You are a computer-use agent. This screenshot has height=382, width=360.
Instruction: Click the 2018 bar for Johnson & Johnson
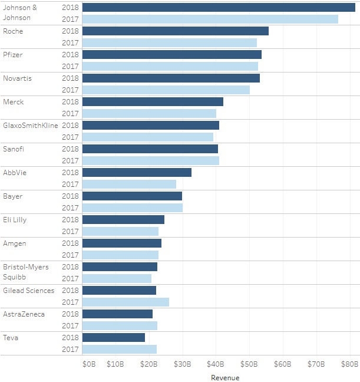coord(219,7)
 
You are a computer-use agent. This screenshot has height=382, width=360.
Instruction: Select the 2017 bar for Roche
coord(170,42)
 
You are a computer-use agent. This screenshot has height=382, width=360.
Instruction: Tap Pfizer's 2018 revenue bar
coord(172,54)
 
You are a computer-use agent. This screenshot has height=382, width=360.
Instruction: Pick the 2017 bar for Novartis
coord(166,90)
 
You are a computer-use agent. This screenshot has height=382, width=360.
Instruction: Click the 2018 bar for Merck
coord(153,101)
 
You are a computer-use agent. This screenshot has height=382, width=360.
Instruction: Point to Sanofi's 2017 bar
coord(151,160)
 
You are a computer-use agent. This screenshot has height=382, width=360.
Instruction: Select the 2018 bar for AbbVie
coord(137,172)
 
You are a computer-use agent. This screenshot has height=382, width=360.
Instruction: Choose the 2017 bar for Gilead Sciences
coord(125,302)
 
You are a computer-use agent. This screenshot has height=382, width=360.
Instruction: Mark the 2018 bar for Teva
coord(114,337)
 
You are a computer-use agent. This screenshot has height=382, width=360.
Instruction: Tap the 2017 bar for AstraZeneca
coord(120,325)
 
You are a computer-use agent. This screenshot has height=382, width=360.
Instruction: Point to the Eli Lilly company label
coord(15,219)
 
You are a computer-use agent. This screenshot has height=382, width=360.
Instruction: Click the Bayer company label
coord(13,196)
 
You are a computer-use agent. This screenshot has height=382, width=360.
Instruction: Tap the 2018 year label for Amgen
coord(70,243)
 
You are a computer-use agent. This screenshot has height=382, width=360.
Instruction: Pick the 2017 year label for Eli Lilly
coord(70,231)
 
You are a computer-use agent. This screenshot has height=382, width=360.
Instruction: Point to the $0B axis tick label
coord(88,364)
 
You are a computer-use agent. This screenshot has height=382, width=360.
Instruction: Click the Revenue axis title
coord(225,377)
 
